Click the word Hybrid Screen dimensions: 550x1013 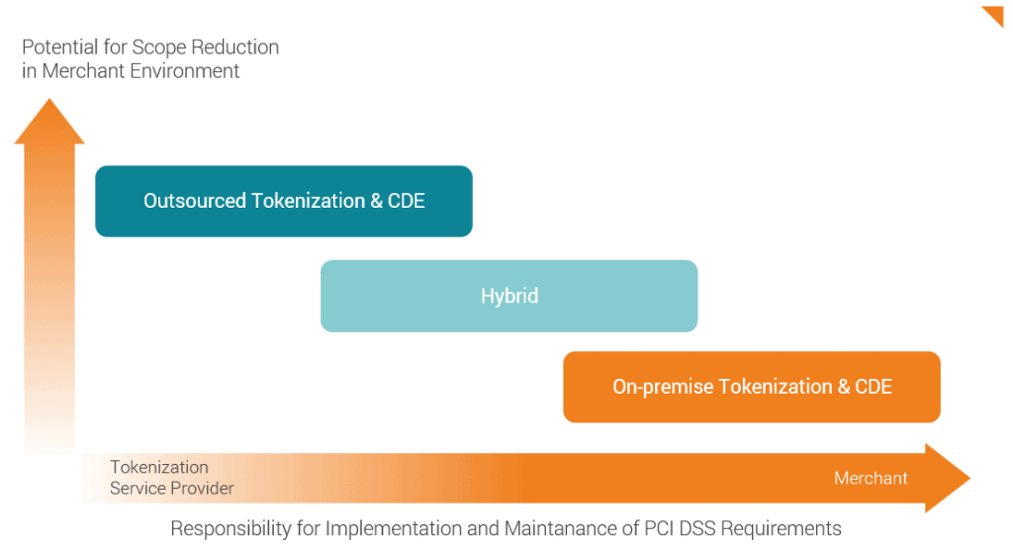(508, 296)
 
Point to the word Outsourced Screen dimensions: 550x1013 (195, 201)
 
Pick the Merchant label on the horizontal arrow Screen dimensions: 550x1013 (871, 478)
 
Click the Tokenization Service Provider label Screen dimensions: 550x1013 (171, 477)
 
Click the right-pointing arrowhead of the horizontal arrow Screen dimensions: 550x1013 (949, 478)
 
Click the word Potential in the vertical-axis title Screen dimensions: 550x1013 (59, 47)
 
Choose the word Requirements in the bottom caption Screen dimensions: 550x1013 (782, 527)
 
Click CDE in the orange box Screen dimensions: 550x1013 (873, 387)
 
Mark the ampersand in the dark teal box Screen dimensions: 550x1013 (376, 201)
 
